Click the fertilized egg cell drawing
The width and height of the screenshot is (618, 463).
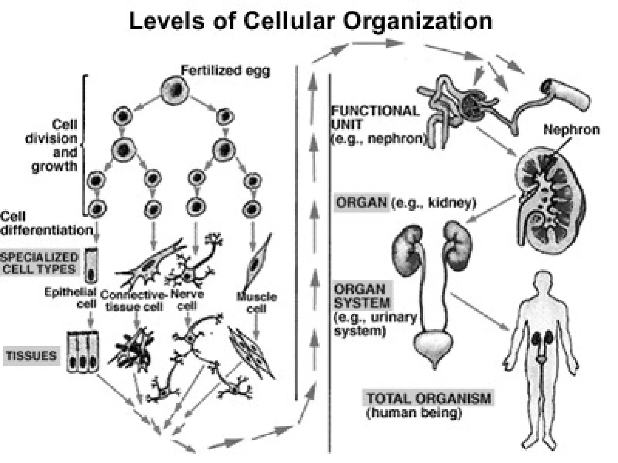(175, 90)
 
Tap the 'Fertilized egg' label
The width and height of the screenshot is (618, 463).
(225, 71)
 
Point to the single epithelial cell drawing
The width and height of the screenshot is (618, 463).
(92, 265)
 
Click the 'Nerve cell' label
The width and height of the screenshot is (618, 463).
(187, 300)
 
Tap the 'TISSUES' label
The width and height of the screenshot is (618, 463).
(32, 356)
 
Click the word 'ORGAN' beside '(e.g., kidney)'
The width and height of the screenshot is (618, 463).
(362, 203)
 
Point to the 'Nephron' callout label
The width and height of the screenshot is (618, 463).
(571, 130)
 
